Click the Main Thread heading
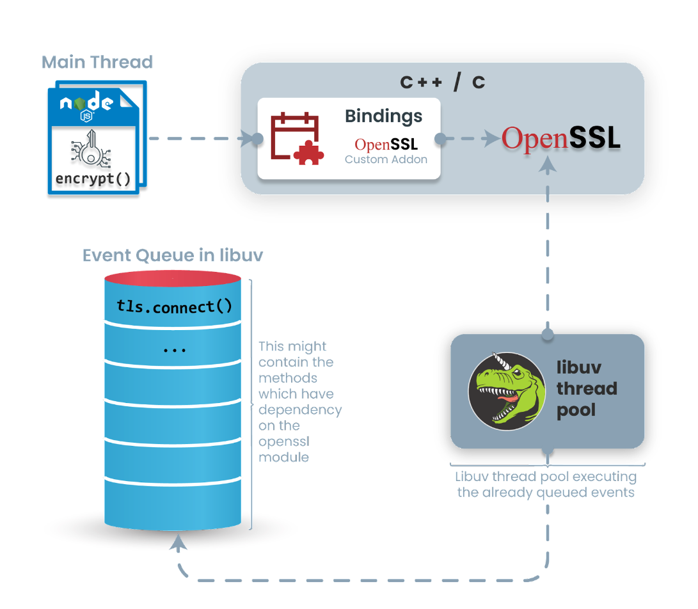97,62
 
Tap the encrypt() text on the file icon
93,178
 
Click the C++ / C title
442,83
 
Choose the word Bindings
383,116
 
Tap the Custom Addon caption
386,159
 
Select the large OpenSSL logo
561,138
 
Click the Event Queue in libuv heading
173,256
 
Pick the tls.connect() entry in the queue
174,306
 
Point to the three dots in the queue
174,351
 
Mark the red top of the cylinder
173,279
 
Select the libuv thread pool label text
586,388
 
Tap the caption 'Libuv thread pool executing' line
546,477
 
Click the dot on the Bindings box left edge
257,139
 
